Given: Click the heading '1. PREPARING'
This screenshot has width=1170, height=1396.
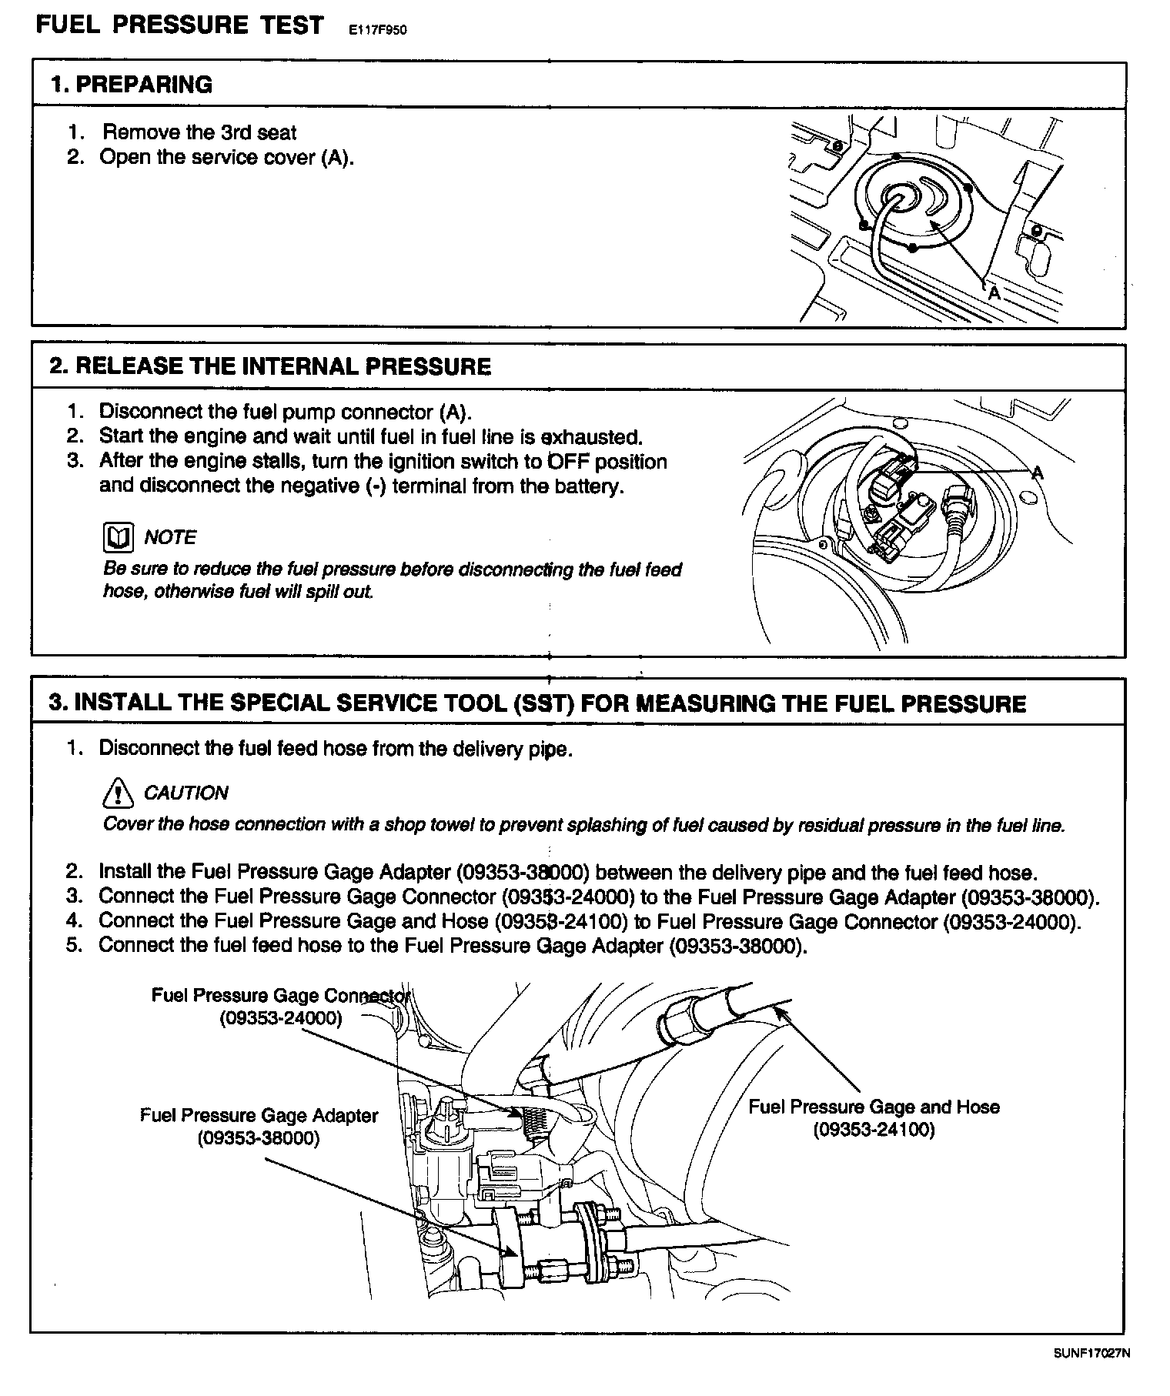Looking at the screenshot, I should tap(131, 85).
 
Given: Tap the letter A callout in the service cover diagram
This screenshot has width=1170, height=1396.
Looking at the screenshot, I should tap(994, 293).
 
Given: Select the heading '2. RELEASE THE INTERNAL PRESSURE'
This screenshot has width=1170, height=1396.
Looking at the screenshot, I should tap(270, 366).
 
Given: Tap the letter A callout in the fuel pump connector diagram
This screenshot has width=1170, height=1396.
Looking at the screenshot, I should tap(1037, 473).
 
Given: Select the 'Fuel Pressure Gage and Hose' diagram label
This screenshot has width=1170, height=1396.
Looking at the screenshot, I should tap(874, 1107).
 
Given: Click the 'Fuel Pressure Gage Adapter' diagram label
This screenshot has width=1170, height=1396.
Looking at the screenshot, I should tap(259, 1116).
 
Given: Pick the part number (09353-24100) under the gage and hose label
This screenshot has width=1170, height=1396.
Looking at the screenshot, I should tap(874, 1130).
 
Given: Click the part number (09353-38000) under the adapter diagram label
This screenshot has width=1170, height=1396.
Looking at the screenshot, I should tap(259, 1138).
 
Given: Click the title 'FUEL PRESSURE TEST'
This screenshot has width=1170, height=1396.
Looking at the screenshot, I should tap(180, 25).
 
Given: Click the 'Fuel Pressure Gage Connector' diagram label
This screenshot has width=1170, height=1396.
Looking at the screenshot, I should tap(281, 995).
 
